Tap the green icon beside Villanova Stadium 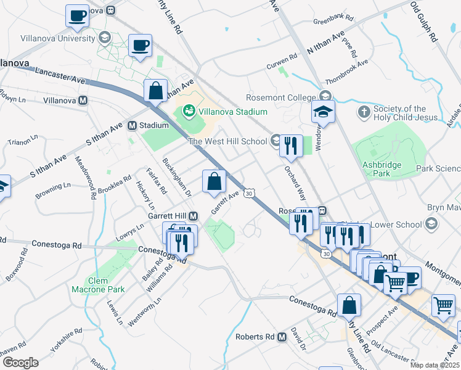coord(189,112)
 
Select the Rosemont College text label coord(280,97)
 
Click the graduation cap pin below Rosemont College coord(322,112)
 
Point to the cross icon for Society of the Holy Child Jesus coord(364,113)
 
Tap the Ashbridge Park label coord(382,169)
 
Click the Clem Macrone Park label coord(98,285)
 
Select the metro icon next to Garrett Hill coord(194,216)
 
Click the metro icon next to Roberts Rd coord(282,337)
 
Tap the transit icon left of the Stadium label coord(132,125)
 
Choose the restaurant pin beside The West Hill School coord(291,146)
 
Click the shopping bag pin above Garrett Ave coord(214,181)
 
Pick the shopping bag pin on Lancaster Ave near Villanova coord(156,90)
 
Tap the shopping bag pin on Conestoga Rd coord(349,305)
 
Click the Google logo coord(20,362)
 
